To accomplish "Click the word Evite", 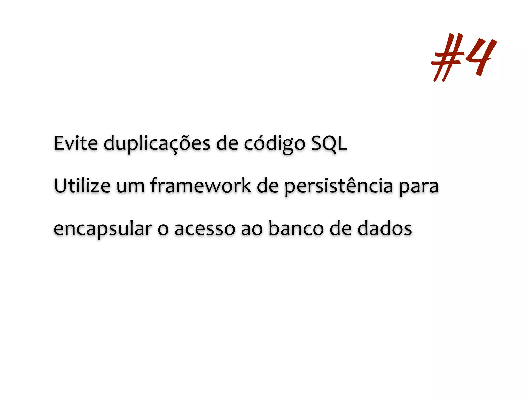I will (x=76, y=143).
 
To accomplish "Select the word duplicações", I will (x=157, y=144).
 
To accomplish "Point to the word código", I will (x=275, y=144).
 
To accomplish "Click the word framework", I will (x=201, y=186).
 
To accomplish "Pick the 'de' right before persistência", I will (x=268, y=186).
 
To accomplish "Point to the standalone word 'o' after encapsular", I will (x=163, y=230).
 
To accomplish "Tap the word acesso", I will (x=204, y=230).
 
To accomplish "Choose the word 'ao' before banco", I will (x=252, y=230).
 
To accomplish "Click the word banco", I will (x=296, y=228).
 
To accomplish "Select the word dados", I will (x=385, y=228).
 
